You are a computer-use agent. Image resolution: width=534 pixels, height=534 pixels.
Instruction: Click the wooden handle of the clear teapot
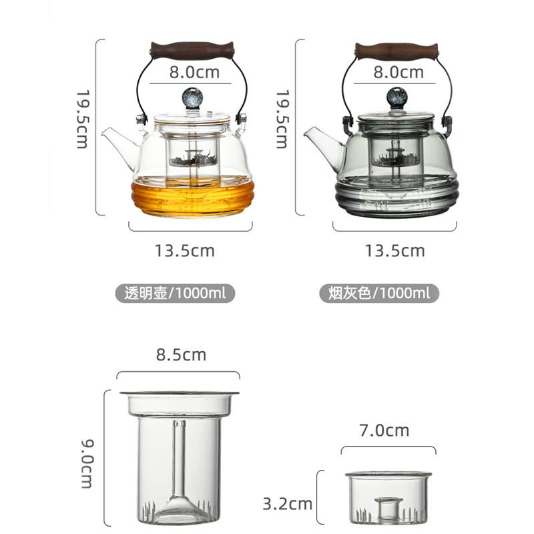(192, 49)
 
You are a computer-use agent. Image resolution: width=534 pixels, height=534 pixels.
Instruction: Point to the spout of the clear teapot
(115, 141)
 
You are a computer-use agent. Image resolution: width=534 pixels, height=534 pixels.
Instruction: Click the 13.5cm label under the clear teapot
(185, 251)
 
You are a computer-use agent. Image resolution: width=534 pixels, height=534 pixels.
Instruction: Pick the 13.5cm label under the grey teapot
(394, 251)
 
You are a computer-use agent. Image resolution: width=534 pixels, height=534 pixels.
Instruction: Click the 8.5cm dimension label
(181, 354)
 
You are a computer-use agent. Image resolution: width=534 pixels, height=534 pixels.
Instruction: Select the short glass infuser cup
(388, 497)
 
